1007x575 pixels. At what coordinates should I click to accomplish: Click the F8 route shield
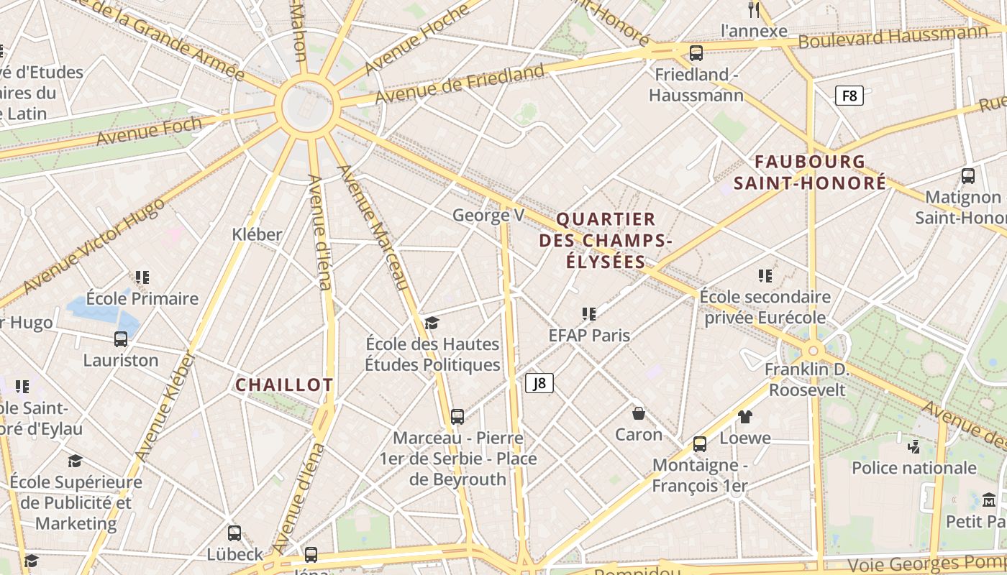(x=849, y=96)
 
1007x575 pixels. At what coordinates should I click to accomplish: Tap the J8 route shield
(x=539, y=384)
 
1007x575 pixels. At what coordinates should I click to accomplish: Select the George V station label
(x=488, y=216)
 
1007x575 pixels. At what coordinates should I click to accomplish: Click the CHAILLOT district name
(x=284, y=385)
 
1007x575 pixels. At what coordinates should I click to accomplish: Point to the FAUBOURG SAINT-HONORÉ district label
(x=810, y=172)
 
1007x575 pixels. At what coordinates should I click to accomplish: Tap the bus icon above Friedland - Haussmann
(x=696, y=52)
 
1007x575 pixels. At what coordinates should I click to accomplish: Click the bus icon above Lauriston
(x=121, y=339)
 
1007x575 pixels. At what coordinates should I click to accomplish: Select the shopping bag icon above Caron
(x=638, y=413)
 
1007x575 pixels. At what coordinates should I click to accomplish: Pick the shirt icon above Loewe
(x=745, y=417)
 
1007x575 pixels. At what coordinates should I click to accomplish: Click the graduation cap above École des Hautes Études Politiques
(x=432, y=323)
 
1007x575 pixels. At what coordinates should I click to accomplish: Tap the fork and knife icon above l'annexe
(x=754, y=10)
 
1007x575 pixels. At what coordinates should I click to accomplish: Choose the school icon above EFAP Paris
(x=589, y=314)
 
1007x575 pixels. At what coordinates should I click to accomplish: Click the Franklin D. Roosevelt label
(x=807, y=379)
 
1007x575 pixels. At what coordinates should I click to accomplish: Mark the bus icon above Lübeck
(x=234, y=533)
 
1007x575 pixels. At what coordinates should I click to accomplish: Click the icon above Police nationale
(x=913, y=447)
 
